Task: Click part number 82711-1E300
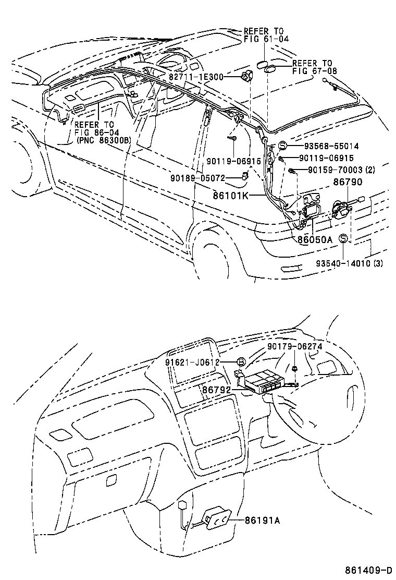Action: [195, 77]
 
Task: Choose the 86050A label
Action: [315, 239]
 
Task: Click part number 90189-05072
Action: [197, 178]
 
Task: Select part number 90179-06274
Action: [295, 346]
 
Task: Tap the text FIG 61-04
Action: [266, 39]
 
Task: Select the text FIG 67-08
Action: [311, 71]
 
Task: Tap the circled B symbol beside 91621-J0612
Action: [241, 362]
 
